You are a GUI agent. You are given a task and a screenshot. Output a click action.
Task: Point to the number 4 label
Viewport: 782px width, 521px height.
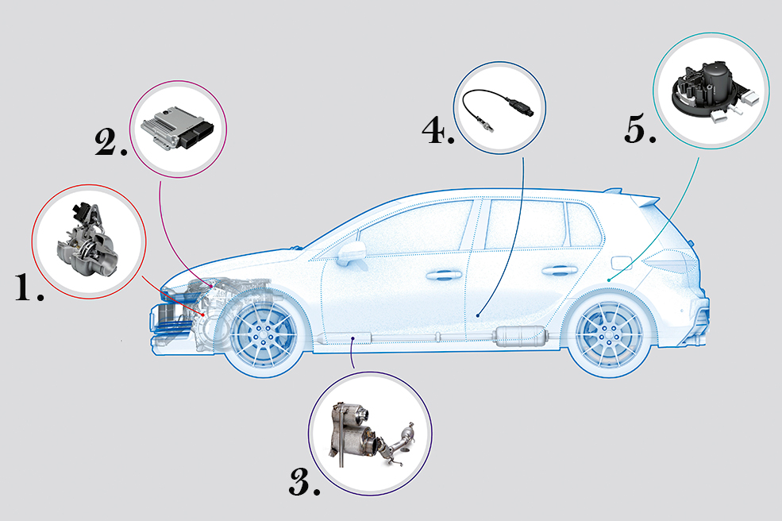pos(438,131)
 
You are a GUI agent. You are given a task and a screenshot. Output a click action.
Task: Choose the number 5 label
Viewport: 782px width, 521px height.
pos(640,129)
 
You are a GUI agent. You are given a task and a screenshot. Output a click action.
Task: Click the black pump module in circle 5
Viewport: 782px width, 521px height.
pos(710,87)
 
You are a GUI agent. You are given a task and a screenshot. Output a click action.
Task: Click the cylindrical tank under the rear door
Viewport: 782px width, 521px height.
pos(519,336)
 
